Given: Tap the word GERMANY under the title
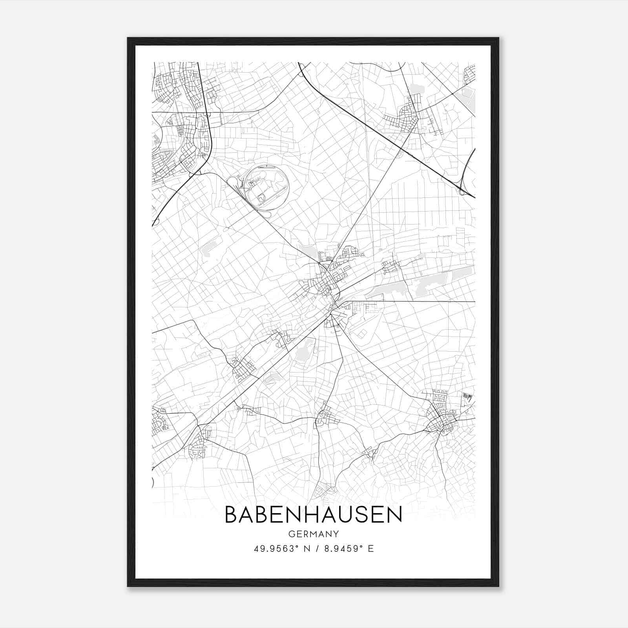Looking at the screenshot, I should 313,534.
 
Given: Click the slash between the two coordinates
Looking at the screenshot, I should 317,549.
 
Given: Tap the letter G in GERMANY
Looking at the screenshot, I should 291,534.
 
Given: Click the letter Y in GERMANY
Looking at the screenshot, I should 336,534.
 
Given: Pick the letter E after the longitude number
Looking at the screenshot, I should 371,549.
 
